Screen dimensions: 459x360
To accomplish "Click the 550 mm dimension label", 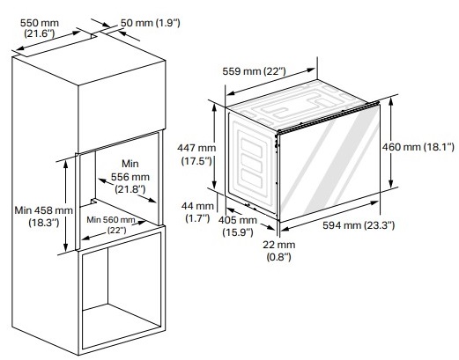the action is (x=40, y=23).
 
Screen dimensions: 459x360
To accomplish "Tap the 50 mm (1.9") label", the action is (x=151, y=23).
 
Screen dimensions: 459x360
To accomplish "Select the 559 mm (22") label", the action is (x=254, y=71).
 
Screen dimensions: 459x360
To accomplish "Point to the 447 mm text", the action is (x=196, y=148).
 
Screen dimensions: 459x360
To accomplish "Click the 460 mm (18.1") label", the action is (x=418, y=147).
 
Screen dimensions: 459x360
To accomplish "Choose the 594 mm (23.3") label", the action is (x=359, y=225).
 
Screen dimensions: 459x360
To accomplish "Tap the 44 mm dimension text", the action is (x=197, y=206).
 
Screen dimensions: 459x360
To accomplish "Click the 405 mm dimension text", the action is (x=238, y=220).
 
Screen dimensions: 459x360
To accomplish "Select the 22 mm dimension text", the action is (x=279, y=245).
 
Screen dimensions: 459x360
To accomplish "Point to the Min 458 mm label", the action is (x=44, y=210).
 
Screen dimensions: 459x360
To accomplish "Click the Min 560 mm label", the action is (x=111, y=219).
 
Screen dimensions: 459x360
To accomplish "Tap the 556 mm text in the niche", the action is (x=130, y=177).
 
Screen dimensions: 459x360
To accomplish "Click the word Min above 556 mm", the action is (x=130, y=164).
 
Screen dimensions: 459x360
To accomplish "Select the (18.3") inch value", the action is (x=44, y=223).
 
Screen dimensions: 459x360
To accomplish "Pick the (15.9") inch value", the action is (x=238, y=232).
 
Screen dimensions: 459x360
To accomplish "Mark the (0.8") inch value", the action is (x=279, y=257).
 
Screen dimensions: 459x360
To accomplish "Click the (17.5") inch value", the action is (x=196, y=161).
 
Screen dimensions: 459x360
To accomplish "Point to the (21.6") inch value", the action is (x=40, y=33).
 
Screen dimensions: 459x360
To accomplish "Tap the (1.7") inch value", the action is (x=197, y=218).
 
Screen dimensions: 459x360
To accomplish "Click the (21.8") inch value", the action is (x=130, y=189).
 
